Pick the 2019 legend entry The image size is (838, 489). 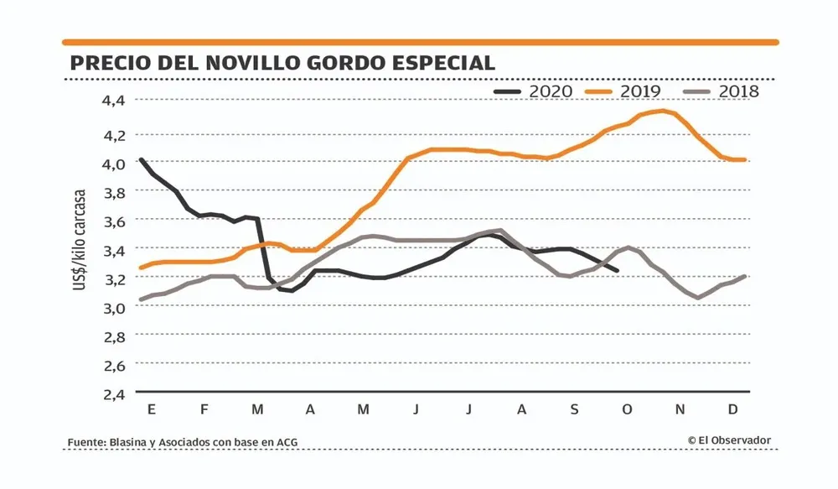629,91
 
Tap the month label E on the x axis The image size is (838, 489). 152,409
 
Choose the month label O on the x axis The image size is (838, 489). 628,409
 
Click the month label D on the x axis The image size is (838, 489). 732,409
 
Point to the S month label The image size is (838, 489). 574,409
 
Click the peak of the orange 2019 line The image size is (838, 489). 664,111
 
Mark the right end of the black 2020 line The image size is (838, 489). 618,270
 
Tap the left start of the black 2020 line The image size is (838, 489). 141,159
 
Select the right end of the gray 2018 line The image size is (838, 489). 744,276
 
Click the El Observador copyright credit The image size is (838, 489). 729,440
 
